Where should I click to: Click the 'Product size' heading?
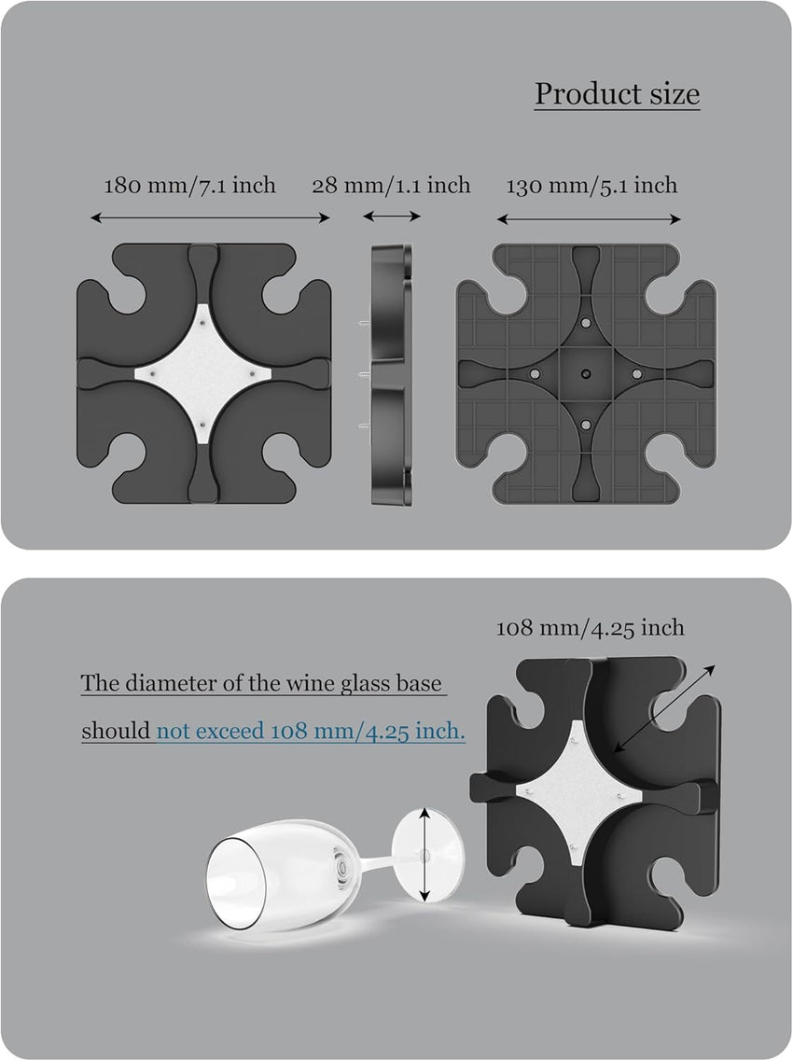pyautogui.click(x=617, y=94)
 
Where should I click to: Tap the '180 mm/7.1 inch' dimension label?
pyautogui.click(x=190, y=186)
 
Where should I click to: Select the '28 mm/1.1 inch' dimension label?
pyautogui.click(x=391, y=186)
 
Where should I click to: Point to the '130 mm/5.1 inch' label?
pyautogui.click(x=592, y=186)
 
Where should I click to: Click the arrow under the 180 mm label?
pyautogui.click(x=211, y=217)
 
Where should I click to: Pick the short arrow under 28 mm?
pyautogui.click(x=392, y=216)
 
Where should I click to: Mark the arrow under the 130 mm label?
pyautogui.click(x=589, y=218)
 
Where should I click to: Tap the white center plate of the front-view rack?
pyautogui.click(x=203, y=373)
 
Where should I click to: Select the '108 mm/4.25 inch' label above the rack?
pyautogui.click(x=591, y=628)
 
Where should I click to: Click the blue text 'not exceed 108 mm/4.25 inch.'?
pyautogui.click(x=312, y=732)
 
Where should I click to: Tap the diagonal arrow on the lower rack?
pyautogui.click(x=663, y=708)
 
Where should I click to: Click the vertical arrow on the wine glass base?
pyautogui.click(x=424, y=855)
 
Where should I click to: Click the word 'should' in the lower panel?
pyautogui.click(x=116, y=732)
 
